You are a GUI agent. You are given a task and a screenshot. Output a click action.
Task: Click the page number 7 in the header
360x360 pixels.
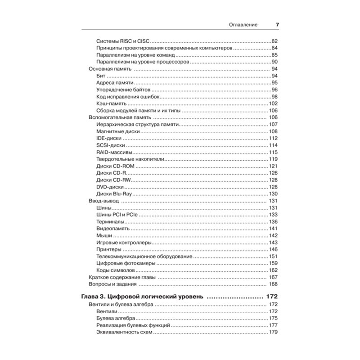(x=277, y=25)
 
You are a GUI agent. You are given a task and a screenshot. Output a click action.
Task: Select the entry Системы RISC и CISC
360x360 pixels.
(x=122, y=41)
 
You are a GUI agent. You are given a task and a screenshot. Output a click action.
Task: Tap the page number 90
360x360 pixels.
(x=274, y=62)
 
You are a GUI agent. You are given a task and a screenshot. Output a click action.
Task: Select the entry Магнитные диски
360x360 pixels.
(x=118, y=131)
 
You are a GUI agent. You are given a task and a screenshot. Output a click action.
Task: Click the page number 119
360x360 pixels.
(x=273, y=159)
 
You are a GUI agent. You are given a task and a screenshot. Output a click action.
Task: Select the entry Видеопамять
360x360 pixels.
(x=113, y=229)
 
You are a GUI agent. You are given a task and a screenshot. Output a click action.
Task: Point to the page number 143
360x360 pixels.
(x=273, y=243)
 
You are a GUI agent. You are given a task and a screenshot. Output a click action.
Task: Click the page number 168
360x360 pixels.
(x=273, y=284)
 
